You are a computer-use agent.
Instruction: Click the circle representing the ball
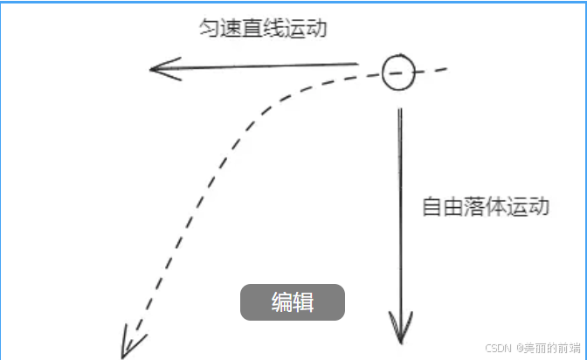tap(397, 72)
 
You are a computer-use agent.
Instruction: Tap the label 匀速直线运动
tap(262, 28)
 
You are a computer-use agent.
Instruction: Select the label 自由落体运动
tap(486, 208)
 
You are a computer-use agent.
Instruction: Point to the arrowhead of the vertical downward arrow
tap(400, 329)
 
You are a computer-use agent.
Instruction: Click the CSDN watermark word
tap(497, 348)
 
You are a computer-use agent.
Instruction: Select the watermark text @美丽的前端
tap(548, 348)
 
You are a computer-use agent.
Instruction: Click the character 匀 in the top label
tap(209, 28)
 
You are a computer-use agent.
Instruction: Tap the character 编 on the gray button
tap(281, 303)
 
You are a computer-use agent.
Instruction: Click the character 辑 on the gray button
tap(304, 303)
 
